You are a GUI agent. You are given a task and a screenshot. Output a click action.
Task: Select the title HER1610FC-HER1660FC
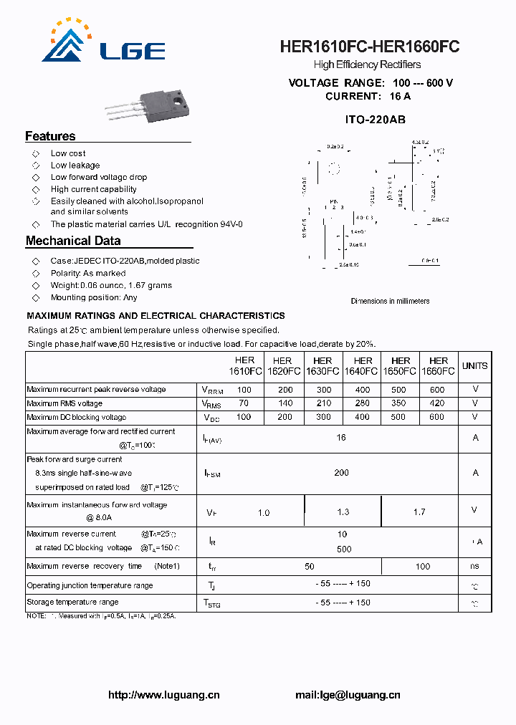pyautogui.click(x=370, y=47)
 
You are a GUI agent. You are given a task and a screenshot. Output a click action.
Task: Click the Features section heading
pyautogui.click(x=50, y=136)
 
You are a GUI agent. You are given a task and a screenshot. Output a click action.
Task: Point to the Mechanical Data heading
pyautogui.click(x=73, y=241)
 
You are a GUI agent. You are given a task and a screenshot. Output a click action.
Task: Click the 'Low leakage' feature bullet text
pyautogui.click(x=75, y=165)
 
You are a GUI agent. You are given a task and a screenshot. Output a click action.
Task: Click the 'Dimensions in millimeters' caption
pyautogui.click(x=390, y=301)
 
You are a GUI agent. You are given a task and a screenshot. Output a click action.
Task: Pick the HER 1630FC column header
pyautogui.click(x=322, y=366)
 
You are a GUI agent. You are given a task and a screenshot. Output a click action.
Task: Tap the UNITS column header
pyautogui.click(x=474, y=366)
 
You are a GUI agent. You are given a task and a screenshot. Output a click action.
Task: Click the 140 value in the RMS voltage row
pyautogui.click(x=285, y=403)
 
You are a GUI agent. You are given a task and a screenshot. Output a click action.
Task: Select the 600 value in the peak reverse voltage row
pyautogui.click(x=437, y=390)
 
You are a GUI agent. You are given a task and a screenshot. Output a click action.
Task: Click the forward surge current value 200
pyautogui.click(x=341, y=472)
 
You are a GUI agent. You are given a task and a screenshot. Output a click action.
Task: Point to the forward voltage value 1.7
pyautogui.click(x=419, y=512)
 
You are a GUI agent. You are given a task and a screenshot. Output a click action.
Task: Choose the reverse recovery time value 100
pyautogui.click(x=423, y=566)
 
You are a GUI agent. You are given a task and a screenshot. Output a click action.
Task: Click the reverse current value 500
pyautogui.click(x=343, y=549)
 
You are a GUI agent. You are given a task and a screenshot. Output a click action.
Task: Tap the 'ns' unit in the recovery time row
pyautogui.click(x=474, y=566)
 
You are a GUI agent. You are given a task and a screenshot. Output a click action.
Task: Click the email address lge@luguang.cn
pyautogui.click(x=348, y=695)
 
